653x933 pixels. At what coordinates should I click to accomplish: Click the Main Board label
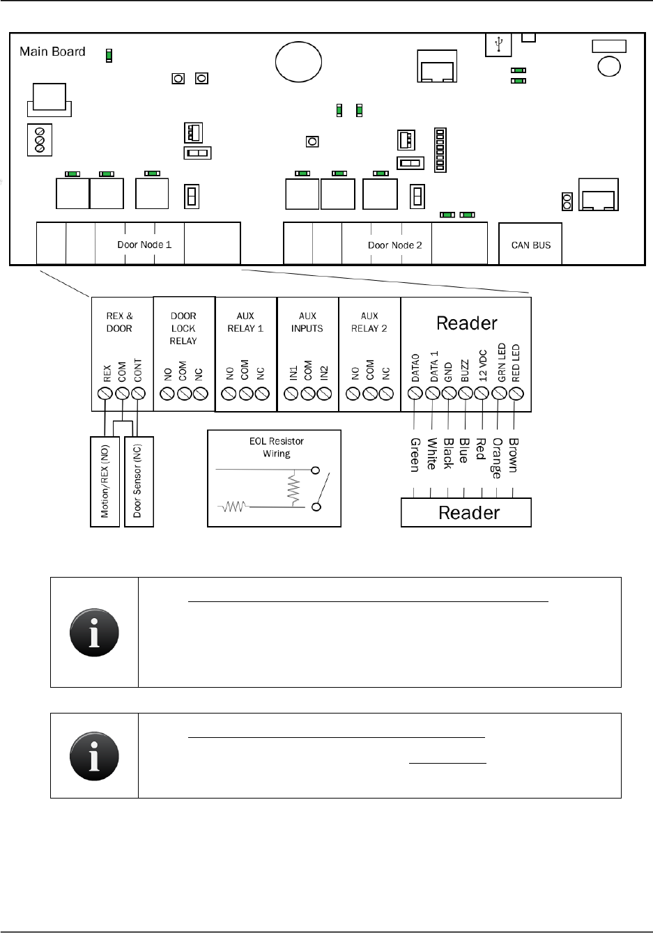click(52, 52)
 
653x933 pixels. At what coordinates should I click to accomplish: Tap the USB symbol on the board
click(498, 44)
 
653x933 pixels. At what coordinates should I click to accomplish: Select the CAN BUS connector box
click(530, 245)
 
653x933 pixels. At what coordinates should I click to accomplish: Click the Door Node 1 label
click(144, 245)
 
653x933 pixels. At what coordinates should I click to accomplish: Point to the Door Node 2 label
click(395, 245)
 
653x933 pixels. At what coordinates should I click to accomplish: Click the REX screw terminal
click(105, 394)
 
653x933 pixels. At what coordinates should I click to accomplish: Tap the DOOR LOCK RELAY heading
click(183, 328)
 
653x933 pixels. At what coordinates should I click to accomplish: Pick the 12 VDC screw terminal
click(482, 394)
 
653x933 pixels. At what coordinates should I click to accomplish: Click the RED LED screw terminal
click(516, 394)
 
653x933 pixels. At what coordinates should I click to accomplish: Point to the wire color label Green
click(415, 454)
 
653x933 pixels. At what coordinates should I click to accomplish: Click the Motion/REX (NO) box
click(105, 481)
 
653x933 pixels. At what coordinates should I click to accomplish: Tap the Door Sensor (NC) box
click(138, 481)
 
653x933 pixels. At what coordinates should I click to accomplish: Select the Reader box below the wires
click(466, 514)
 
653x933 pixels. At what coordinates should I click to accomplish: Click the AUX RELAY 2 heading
click(369, 322)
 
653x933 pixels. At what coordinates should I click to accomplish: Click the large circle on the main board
click(298, 61)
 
